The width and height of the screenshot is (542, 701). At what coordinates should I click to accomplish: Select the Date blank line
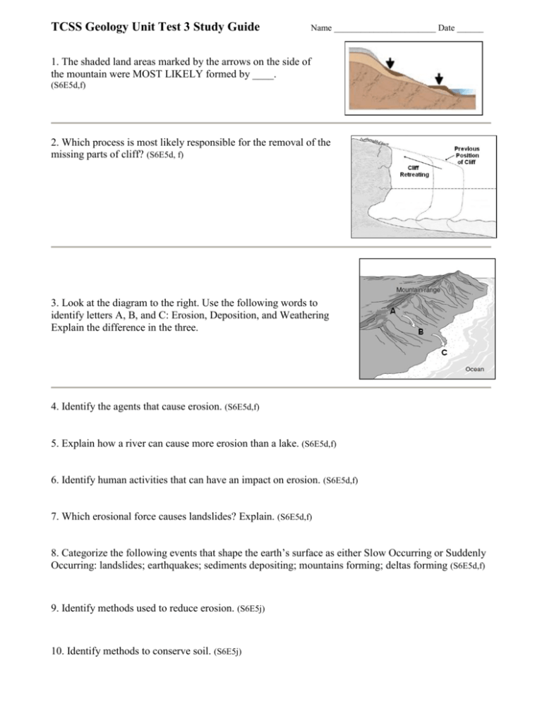click(x=470, y=32)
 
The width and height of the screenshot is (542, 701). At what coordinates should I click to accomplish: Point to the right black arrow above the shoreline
click(x=440, y=78)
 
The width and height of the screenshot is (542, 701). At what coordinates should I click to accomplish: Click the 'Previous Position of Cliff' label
click(x=465, y=155)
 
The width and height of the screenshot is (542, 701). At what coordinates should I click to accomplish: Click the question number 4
click(x=56, y=407)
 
